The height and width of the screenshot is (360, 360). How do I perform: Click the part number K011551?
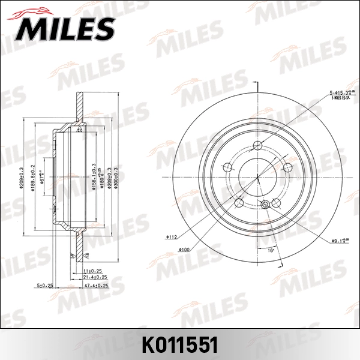pyautogui.click(x=179, y=346)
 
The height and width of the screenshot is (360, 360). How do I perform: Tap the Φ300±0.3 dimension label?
pyautogui.click(x=115, y=175)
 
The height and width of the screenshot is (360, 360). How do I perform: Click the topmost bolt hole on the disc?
pyautogui.click(x=258, y=144)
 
